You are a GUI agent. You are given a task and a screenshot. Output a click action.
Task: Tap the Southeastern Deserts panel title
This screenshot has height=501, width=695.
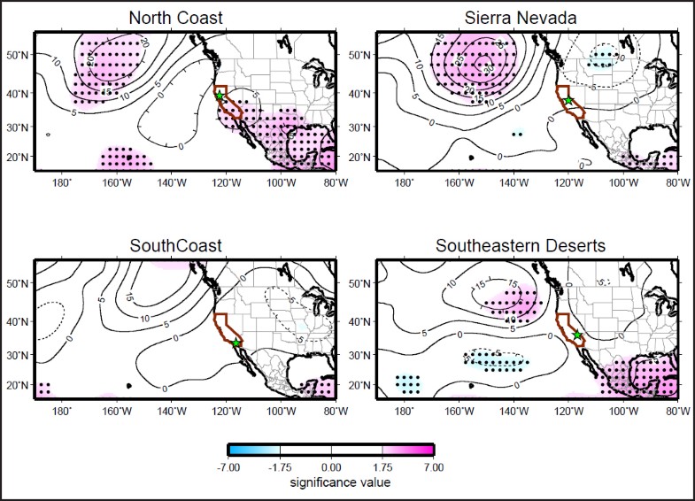[x=521, y=245]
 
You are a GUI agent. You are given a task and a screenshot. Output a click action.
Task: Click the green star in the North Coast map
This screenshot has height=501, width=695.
[x=220, y=96]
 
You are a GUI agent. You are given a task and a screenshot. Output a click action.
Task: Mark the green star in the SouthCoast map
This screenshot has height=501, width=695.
[x=236, y=343]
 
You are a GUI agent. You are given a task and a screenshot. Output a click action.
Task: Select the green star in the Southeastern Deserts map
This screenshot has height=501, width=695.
[x=578, y=335]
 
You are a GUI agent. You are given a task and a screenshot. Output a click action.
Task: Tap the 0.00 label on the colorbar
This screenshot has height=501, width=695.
[x=330, y=466]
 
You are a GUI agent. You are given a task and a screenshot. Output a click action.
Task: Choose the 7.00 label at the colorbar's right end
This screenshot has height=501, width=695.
[x=433, y=466]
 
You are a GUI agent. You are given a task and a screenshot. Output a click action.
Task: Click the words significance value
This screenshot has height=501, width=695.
[x=330, y=482]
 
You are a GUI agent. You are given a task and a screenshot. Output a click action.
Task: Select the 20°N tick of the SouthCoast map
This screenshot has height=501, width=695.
[x=18, y=385]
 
